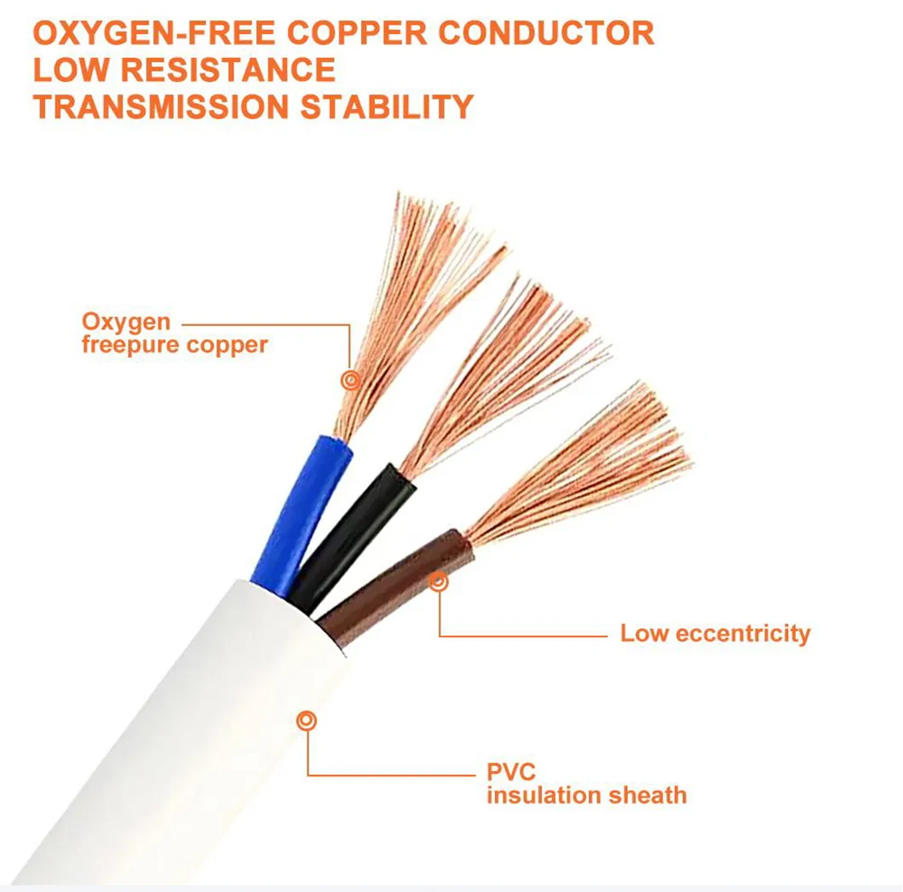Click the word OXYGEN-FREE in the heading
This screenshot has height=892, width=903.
point(153,33)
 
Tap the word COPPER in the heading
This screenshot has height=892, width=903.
point(357,33)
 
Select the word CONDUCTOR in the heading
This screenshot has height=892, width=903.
point(546,33)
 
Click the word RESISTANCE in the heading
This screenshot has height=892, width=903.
point(227,70)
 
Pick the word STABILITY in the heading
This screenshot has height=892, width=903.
point(387,107)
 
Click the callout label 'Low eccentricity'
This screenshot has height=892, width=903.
point(715,634)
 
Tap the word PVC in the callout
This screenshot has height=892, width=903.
point(511,772)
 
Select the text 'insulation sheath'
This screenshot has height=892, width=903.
point(586,795)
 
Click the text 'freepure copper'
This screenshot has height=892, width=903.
point(175,345)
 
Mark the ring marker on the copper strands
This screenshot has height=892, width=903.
point(350,380)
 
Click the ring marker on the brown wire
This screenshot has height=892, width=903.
point(438,582)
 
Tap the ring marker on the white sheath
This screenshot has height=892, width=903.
point(307,721)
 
